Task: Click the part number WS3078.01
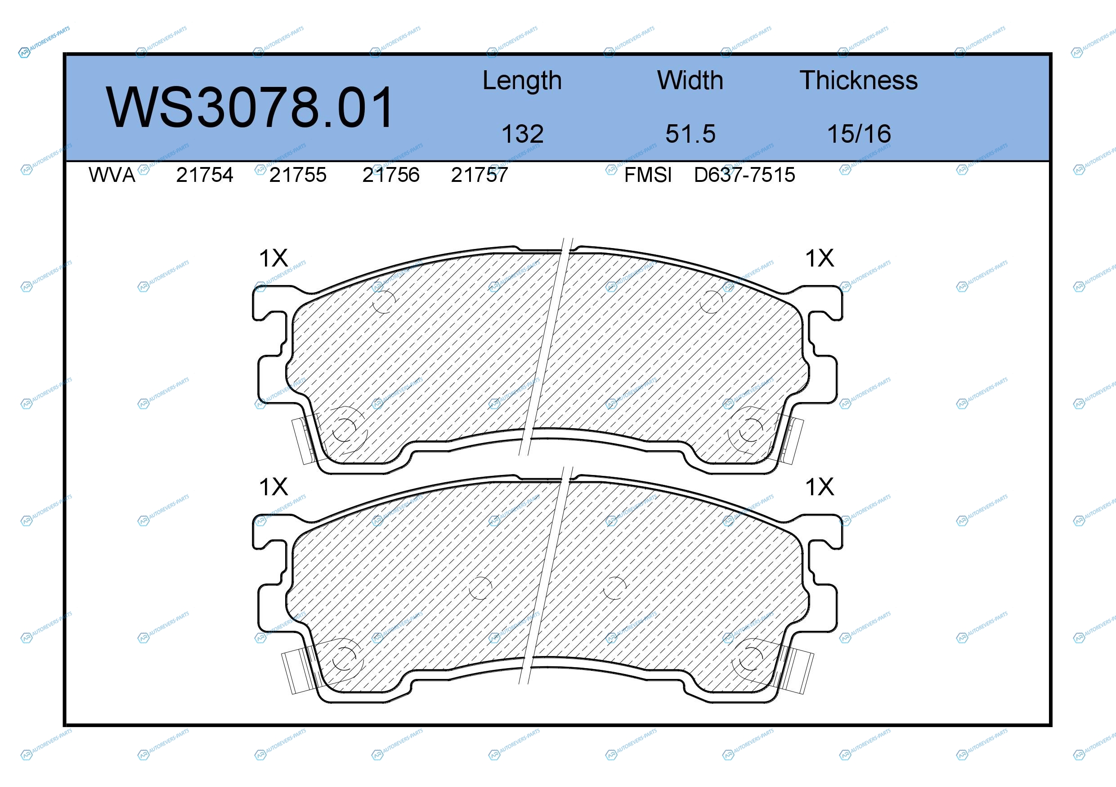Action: pyautogui.click(x=249, y=107)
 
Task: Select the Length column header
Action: pyautogui.click(x=522, y=81)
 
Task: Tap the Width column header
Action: pyautogui.click(x=690, y=80)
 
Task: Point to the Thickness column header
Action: pyautogui.click(x=858, y=80)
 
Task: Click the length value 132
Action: pyautogui.click(x=523, y=134)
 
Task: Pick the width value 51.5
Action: pyautogui.click(x=690, y=134)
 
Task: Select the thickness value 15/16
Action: pyautogui.click(x=859, y=134)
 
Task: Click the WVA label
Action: pyautogui.click(x=112, y=175)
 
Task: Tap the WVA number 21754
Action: pyautogui.click(x=205, y=175)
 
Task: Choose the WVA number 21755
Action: pyautogui.click(x=298, y=175)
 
